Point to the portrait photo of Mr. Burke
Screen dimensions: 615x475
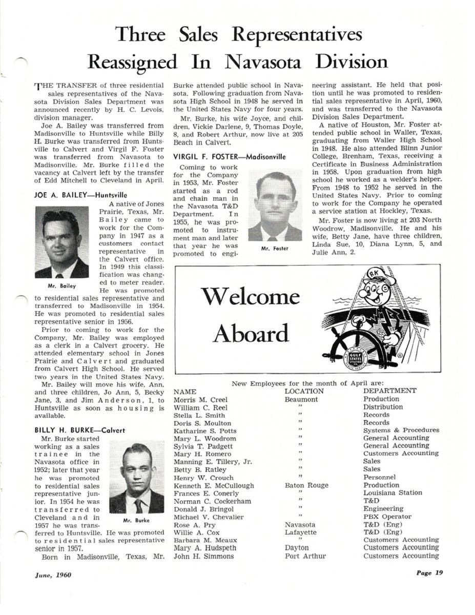coord(137,479)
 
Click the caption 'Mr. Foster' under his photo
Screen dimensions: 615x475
coord(275,249)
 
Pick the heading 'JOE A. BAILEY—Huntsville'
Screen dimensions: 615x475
coord(80,195)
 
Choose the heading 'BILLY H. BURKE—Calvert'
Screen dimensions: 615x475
coord(79,430)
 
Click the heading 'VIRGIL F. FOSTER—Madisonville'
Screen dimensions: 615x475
coord(230,156)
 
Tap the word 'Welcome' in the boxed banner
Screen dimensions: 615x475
coord(250,297)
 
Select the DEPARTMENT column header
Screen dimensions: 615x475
coord(389,391)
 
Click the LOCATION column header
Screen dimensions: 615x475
coord(304,391)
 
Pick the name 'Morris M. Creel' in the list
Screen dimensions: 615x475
coord(201,399)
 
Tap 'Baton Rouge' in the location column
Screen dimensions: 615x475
coord(306,485)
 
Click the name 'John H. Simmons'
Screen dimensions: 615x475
coord(203,556)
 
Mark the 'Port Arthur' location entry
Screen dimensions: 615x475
coord(305,556)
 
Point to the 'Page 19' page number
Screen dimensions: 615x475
coord(428,573)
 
